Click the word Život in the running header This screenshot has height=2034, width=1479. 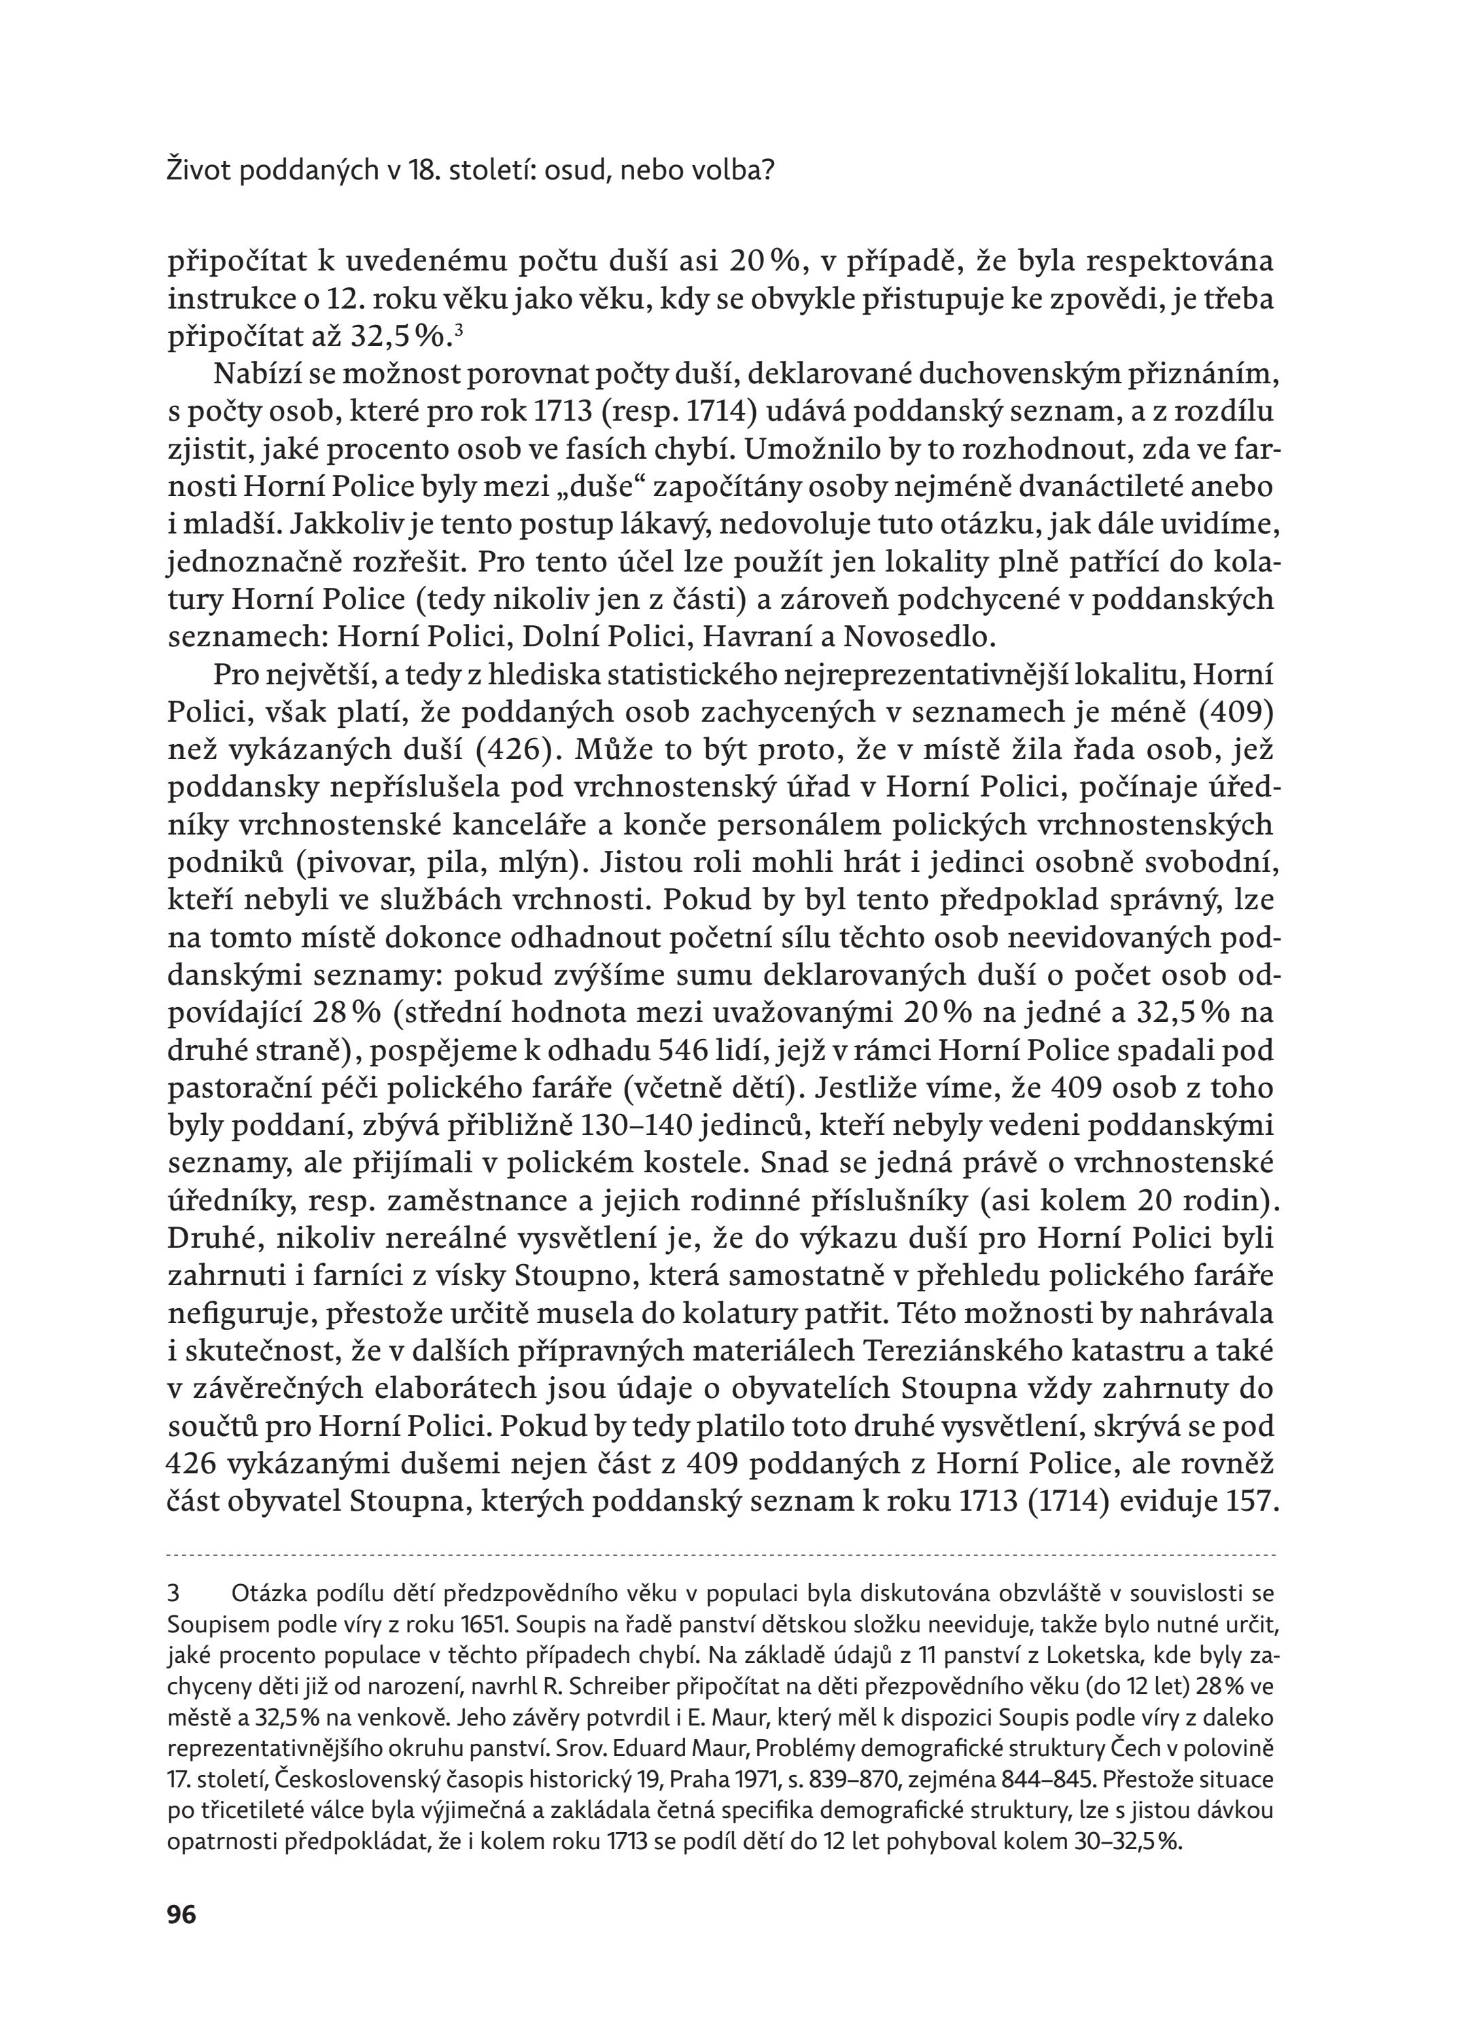[x=196, y=171]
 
